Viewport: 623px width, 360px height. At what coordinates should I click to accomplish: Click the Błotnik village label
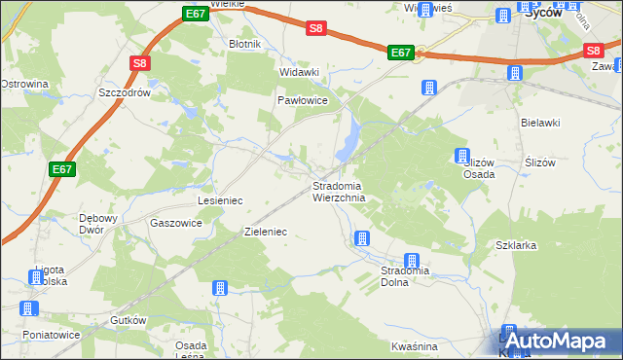(243, 45)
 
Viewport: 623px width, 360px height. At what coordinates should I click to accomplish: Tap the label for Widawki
(299, 72)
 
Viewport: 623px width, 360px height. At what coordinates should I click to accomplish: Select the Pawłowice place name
(303, 100)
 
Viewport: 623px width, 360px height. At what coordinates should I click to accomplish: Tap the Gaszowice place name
(176, 222)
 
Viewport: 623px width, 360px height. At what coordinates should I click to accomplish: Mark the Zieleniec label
(265, 234)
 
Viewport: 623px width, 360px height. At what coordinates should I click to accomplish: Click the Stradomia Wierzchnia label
(339, 192)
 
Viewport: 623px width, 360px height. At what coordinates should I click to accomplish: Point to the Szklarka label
(516, 245)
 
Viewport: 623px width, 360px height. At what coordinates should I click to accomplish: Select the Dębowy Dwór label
(97, 223)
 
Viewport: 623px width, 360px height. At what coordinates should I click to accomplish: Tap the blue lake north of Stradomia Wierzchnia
(348, 141)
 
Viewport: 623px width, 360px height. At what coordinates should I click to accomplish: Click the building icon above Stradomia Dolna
(412, 260)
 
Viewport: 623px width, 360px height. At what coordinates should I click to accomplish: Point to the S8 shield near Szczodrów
(140, 64)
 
